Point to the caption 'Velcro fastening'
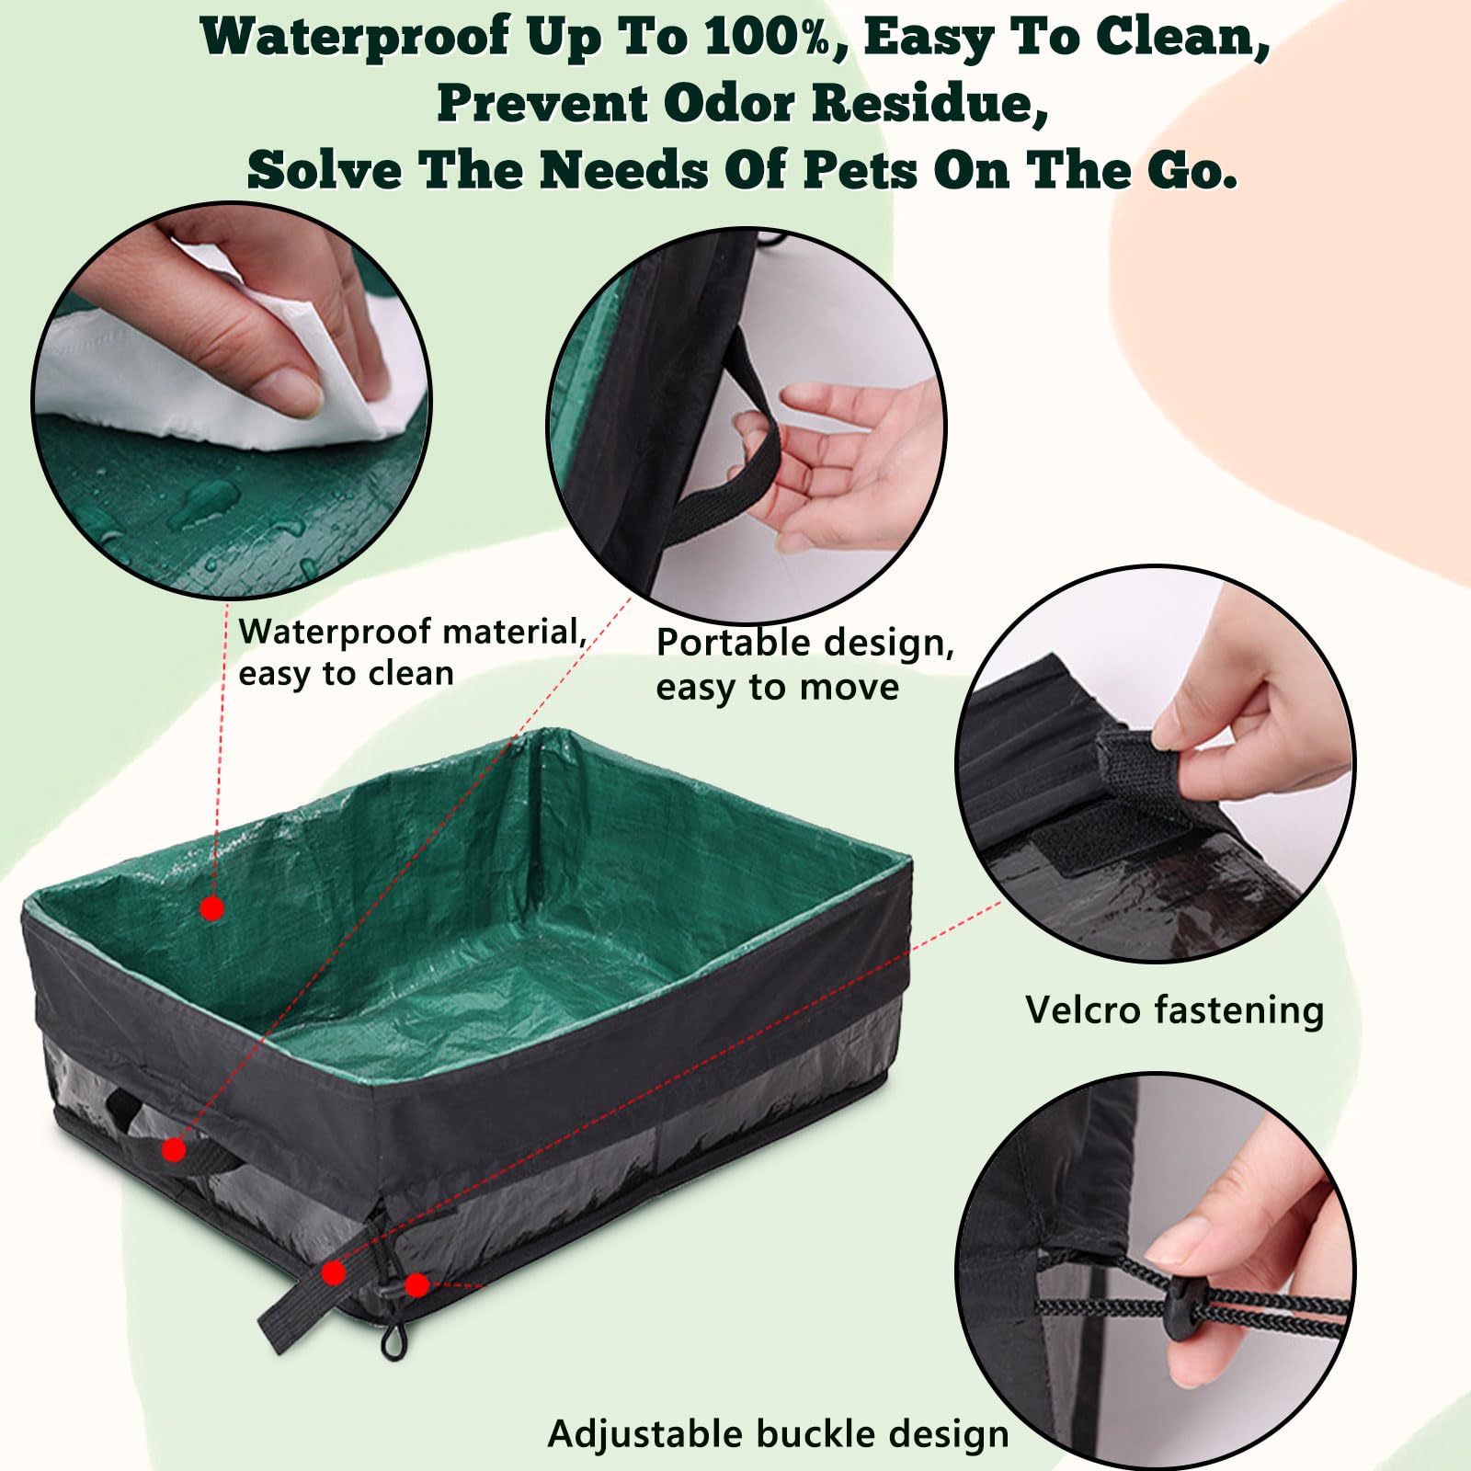click(x=1174, y=1009)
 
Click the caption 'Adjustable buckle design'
click(x=778, y=1433)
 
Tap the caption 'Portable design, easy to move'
click(x=804, y=664)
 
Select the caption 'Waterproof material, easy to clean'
click(x=412, y=652)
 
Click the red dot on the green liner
click(x=212, y=908)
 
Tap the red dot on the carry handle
click(x=174, y=1149)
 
